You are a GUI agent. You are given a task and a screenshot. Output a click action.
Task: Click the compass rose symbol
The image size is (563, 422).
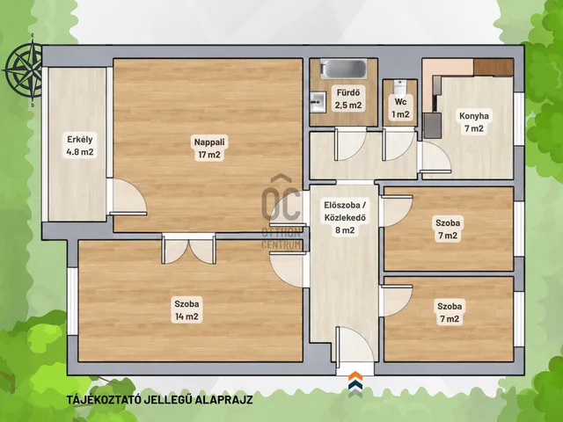click(26, 69)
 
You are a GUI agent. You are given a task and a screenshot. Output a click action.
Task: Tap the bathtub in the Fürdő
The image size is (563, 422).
click(344, 69)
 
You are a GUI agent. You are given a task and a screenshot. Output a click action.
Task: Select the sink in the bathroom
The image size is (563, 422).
click(318, 102)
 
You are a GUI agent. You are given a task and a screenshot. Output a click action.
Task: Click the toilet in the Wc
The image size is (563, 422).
click(399, 87)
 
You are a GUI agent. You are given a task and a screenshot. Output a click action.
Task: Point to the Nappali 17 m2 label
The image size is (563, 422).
click(209, 149)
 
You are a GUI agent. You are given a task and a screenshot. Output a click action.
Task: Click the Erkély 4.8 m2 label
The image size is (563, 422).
click(80, 145)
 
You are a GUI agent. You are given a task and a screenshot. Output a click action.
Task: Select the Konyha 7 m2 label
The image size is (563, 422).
click(474, 122)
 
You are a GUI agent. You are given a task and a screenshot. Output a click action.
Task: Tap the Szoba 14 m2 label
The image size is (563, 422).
click(186, 310)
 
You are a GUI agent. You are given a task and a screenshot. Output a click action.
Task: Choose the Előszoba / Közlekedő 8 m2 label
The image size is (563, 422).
click(345, 217)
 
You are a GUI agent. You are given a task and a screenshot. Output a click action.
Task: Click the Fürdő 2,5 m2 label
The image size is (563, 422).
click(348, 98)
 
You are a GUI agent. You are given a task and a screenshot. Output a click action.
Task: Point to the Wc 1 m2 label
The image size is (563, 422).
click(400, 108)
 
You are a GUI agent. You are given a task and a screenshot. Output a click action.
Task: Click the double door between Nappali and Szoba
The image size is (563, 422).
click(189, 250)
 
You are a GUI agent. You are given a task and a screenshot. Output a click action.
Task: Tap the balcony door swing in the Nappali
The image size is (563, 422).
click(128, 197)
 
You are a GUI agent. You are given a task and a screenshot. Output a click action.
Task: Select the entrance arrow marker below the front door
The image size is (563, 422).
click(355, 384)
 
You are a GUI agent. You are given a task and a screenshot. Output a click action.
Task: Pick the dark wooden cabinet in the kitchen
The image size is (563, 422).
click(493, 67)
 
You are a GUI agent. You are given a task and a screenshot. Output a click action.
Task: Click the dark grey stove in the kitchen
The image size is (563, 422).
click(432, 126)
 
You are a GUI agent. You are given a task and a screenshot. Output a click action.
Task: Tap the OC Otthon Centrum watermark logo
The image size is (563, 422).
click(281, 212)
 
